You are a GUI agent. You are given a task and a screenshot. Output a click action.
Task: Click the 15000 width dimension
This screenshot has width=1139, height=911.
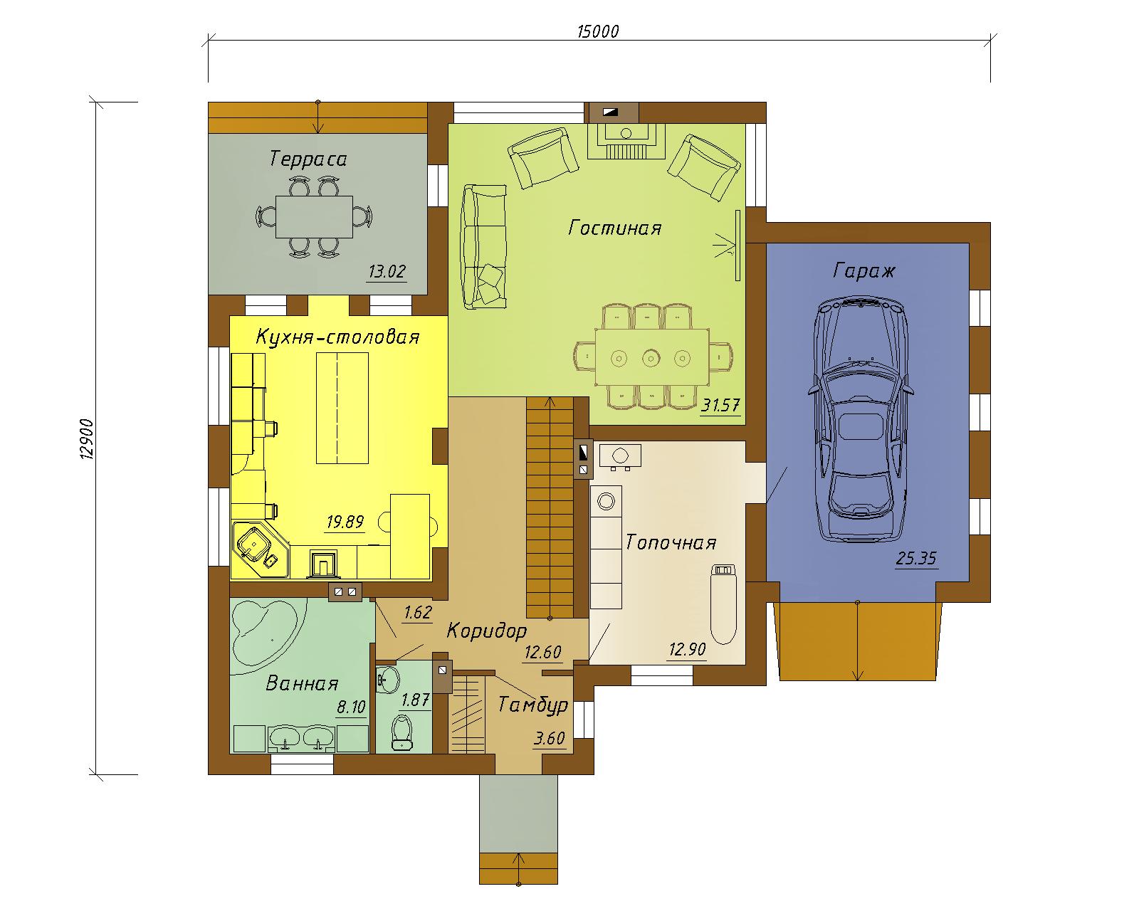click(598, 32)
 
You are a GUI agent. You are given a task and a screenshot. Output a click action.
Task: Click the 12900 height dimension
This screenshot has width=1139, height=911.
click(86, 439)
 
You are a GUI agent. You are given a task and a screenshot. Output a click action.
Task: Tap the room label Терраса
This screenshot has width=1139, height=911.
click(308, 159)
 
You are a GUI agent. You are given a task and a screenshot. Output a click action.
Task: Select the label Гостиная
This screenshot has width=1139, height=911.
click(615, 228)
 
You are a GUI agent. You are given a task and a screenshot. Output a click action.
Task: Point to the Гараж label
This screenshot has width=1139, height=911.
click(864, 271)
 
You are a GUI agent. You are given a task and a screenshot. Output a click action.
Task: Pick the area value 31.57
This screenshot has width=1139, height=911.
click(720, 406)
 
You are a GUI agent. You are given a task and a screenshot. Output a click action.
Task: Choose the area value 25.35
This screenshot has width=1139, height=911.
click(916, 558)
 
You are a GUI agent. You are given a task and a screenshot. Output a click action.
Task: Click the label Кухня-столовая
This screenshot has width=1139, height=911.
click(337, 337)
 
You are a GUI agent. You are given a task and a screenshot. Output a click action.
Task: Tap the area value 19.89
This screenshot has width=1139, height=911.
click(345, 522)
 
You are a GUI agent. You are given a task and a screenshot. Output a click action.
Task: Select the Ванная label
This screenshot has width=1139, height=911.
click(302, 683)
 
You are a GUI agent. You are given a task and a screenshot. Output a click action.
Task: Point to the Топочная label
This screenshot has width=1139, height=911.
click(671, 542)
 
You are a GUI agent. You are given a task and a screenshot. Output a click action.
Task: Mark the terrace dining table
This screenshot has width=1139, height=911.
click(314, 216)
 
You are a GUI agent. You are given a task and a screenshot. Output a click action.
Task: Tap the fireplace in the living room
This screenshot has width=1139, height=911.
click(626, 140)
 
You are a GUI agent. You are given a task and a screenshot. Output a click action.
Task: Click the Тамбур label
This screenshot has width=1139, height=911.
click(533, 705)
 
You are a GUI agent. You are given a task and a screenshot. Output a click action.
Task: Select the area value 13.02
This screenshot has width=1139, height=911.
click(387, 272)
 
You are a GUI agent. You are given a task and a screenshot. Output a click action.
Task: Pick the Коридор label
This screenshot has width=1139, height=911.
click(487, 631)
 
